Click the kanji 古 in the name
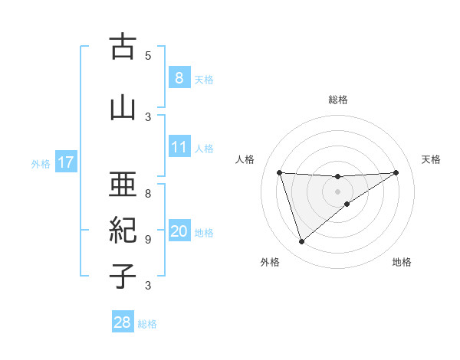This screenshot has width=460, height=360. (123, 47)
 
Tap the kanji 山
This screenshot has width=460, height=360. (123, 108)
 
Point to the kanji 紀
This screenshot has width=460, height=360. (123, 230)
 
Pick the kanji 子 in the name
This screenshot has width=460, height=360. (123, 276)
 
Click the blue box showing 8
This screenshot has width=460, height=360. (179, 77)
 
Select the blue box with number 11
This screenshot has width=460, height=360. (179, 147)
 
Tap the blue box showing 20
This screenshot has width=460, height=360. (179, 231)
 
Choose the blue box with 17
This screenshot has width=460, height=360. (65, 162)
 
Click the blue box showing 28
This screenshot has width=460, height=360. (123, 322)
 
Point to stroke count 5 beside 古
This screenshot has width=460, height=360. (148, 55)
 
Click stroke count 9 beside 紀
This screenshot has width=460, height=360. (148, 239)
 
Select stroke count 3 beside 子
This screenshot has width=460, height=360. (148, 286)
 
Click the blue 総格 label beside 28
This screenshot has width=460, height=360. (147, 324)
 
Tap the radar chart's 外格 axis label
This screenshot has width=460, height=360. (270, 262)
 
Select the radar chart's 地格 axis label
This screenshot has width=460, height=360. (402, 262)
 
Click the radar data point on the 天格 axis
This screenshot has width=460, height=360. (396, 172)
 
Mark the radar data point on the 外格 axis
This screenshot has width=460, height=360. (301, 242)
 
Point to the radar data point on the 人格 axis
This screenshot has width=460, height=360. (279, 172)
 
